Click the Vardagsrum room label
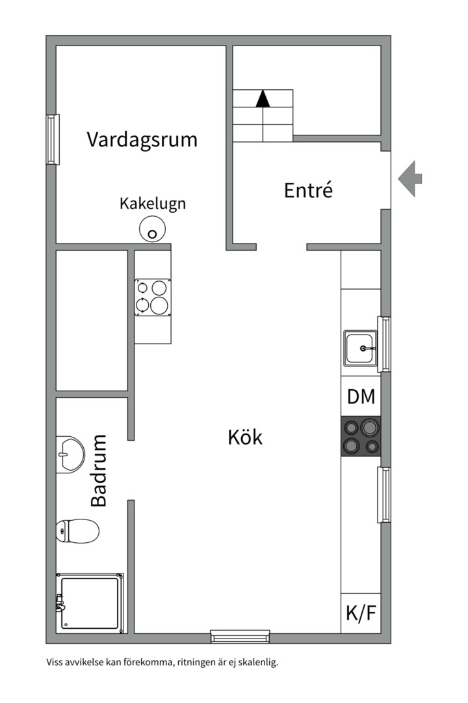pos(142,139)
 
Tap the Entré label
pos(308,190)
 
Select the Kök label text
pos(245,437)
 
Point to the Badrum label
pos(99,471)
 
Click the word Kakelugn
pos(153,203)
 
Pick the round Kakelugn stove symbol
pos(153,230)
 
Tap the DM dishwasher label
pos(361,397)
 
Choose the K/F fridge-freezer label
pos(361,613)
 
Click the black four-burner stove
pos(361,436)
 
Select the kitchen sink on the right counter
pos(360,348)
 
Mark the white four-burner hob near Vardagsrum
pos(153,297)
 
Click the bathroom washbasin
pos(70,452)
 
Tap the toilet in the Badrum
pos(77,531)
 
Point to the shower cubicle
pos(90,601)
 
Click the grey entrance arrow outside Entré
pos(410,178)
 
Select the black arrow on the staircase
pos(263,98)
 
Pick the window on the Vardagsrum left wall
pos(53,139)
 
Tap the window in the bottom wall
pos(240,636)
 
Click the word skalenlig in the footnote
pos(257,663)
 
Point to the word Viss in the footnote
pos(55,663)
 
